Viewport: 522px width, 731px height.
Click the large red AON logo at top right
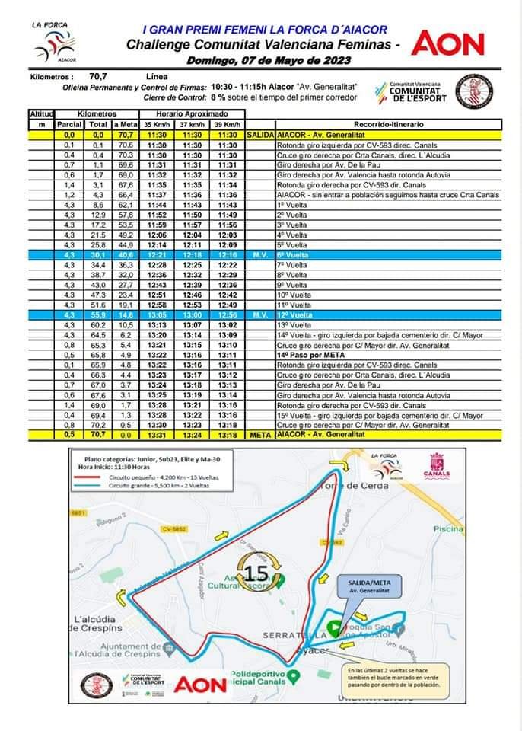(448, 43)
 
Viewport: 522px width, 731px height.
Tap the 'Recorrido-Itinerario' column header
(389, 124)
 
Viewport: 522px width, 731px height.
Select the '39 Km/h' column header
(227, 124)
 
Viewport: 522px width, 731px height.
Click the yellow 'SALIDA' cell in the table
(260, 134)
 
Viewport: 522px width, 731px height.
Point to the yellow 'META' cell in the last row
(260, 435)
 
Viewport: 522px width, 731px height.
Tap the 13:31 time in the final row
(156, 435)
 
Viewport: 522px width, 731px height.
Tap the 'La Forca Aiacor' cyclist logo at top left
(52, 44)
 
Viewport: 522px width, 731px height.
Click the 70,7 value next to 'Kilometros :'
(98, 76)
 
